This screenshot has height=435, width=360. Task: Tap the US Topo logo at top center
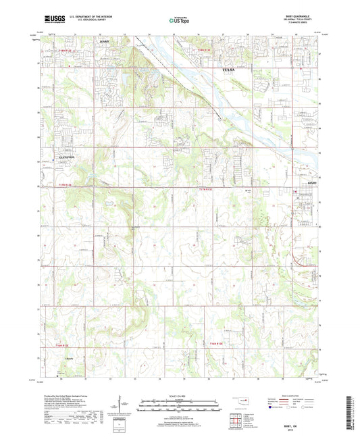(177, 21)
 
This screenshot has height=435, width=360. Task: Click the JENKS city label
(103, 42)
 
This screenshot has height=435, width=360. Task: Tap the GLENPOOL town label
(64, 155)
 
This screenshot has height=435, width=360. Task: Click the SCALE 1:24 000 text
(179, 394)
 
